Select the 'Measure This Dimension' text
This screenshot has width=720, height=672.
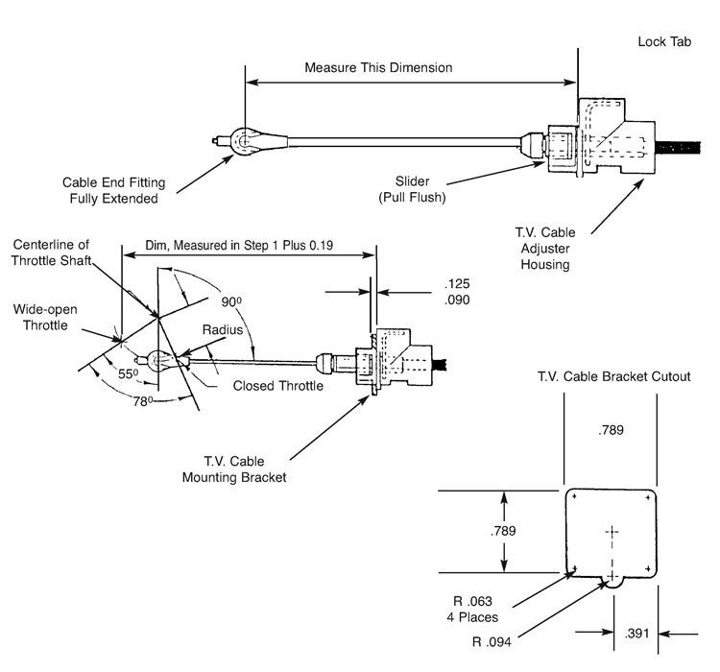click(x=377, y=69)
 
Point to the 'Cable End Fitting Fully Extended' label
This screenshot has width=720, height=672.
click(x=110, y=190)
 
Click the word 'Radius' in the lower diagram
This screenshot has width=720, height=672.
click(x=221, y=329)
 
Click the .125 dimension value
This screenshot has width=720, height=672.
click(x=458, y=284)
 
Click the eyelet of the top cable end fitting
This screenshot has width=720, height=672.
click(x=243, y=142)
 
